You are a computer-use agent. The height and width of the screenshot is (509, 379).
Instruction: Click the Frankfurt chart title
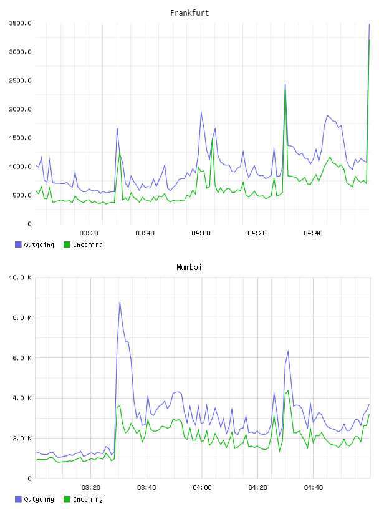[189, 13]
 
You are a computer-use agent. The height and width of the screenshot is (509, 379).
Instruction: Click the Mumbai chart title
[189, 268]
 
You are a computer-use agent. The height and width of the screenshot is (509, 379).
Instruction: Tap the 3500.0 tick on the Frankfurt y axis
[20, 23]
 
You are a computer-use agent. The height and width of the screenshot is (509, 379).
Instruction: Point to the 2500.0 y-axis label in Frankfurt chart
[20, 80]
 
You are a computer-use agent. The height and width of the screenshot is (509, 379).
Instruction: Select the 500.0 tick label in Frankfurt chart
[22, 195]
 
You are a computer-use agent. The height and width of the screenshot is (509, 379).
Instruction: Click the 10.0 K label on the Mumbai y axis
[20, 278]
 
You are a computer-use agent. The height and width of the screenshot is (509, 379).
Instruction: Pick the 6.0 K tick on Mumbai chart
[22, 357]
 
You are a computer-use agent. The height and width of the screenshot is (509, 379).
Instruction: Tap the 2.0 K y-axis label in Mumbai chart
[22, 439]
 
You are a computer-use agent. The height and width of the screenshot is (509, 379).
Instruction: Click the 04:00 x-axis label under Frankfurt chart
[201, 233]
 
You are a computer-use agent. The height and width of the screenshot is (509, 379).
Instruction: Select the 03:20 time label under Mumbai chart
[90, 488]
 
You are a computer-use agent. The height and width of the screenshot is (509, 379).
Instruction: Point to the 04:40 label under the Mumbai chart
[313, 488]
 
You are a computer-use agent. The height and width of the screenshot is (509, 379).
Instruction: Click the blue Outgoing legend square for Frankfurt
[18, 245]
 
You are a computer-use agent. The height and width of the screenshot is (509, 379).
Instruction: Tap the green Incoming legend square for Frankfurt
[67, 245]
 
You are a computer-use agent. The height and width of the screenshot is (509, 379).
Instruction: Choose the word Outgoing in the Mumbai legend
[39, 499]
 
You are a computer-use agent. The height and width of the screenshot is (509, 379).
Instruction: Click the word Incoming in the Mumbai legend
[88, 499]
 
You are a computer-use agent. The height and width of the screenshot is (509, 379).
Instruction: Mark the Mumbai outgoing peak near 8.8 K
[120, 302]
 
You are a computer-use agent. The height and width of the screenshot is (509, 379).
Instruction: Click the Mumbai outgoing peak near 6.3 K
[288, 351]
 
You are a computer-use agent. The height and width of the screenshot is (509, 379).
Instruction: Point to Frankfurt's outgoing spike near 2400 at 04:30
[285, 84]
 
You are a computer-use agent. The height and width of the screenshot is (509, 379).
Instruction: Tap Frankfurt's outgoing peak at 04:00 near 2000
[201, 111]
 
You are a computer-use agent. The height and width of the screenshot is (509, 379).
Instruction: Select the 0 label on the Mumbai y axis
[29, 478]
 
